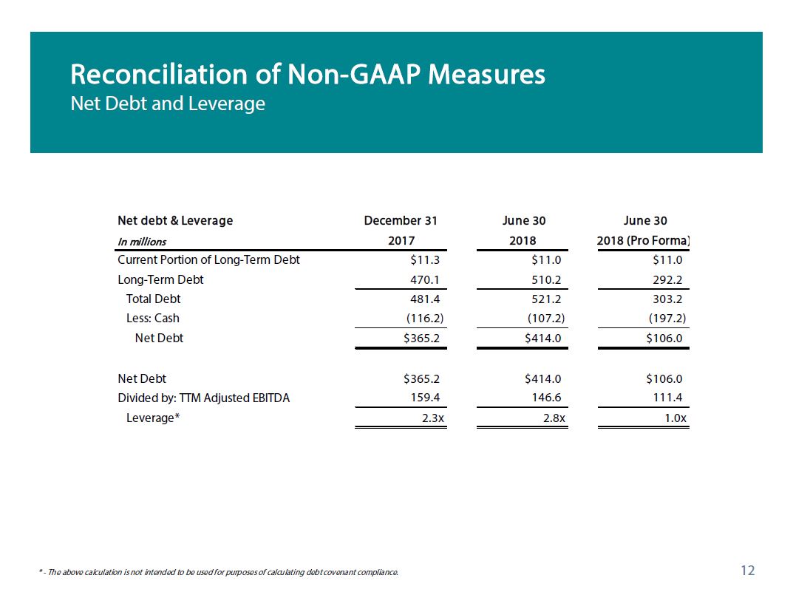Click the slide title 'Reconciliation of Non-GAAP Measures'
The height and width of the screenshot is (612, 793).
[307, 75]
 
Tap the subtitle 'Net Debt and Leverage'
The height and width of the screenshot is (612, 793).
[168, 103]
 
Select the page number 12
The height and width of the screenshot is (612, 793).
[747, 571]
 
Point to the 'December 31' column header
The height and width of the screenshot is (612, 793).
[401, 220]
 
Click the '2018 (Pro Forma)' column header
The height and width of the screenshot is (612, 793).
[643, 241]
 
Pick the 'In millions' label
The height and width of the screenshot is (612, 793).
[142, 242]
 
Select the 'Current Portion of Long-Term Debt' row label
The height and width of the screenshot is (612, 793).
[208, 260]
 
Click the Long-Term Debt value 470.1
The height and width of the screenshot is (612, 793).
[425, 279]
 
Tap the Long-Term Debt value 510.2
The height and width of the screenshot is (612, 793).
[546, 279]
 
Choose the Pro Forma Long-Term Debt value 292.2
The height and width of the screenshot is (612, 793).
[667, 279]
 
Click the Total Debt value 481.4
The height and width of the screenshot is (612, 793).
[425, 299]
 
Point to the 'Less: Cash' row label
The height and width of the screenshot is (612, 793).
[153, 318]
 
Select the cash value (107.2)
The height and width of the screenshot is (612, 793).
[546, 318]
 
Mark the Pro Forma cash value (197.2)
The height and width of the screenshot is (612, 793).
[667, 318]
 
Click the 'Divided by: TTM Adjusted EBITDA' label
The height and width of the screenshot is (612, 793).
[204, 398]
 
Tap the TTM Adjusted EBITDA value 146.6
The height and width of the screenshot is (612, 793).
[546, 398]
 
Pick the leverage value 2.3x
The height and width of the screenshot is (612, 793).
[433, 418]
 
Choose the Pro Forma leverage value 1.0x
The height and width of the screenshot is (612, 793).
[675, 418]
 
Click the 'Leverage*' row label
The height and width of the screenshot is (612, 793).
[153, 418]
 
